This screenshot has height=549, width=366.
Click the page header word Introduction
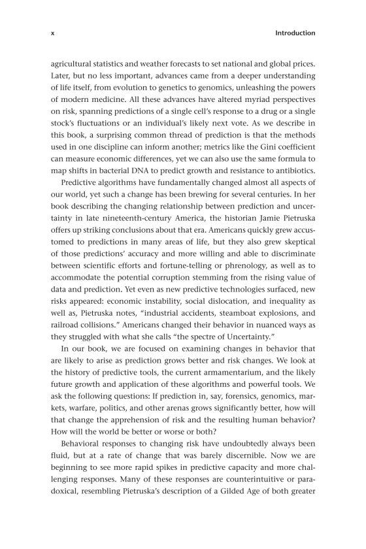295,33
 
